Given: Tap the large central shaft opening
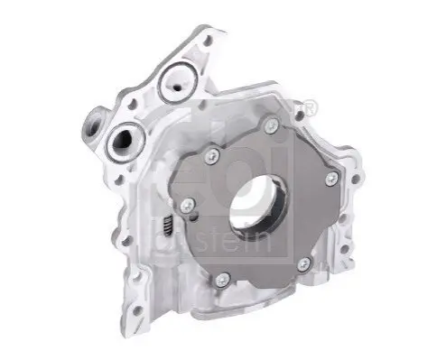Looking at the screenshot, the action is click(x=258, y=204).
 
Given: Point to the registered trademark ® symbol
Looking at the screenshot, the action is click(x=311, y=107).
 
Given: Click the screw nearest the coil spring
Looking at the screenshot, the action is click(x=188, y=206).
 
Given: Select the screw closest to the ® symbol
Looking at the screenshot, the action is click(x=272, y=125).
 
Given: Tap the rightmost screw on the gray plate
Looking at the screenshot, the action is click(x=332, y=179).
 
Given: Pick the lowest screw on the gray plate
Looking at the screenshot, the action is click(x=223, y=281).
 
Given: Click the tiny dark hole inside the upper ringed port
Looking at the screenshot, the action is click(x=178, y=88).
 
